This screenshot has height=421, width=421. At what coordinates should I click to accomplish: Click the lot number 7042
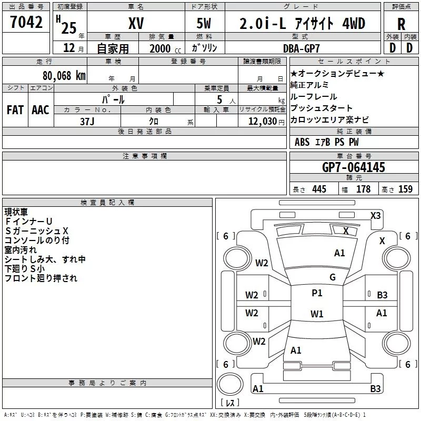point(26,22)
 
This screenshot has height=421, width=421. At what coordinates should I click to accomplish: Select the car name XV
point(136,23)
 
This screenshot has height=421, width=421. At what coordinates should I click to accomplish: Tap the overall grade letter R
point(401,24)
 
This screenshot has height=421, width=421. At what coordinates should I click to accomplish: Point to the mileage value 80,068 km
point(64,75)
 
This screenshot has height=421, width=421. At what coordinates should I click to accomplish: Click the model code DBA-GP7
point(302,48)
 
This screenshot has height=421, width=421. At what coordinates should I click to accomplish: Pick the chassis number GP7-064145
point(353,167)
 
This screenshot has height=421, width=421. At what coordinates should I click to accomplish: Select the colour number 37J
point(87,122)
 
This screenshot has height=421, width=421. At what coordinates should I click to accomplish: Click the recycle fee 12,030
point(262,121)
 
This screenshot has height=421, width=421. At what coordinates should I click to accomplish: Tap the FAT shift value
point(15,110)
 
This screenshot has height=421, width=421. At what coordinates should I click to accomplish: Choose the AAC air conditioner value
point(41,110)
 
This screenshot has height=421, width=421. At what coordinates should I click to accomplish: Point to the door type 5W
point(204,23)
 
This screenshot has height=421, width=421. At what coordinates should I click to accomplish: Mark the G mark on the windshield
point(333,277)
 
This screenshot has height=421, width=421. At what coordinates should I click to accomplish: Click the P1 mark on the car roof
point(317,293)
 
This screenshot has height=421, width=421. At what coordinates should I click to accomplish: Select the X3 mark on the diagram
point(375,216)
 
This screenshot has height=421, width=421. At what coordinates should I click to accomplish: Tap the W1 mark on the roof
point(317,314)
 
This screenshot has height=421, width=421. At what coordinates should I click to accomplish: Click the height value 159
point(405,189)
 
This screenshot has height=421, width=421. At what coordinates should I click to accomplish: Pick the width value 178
point(363,189)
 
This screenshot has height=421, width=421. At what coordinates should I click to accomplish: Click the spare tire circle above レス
point(230,384)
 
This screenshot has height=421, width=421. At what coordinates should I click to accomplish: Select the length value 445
point(319,189)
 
